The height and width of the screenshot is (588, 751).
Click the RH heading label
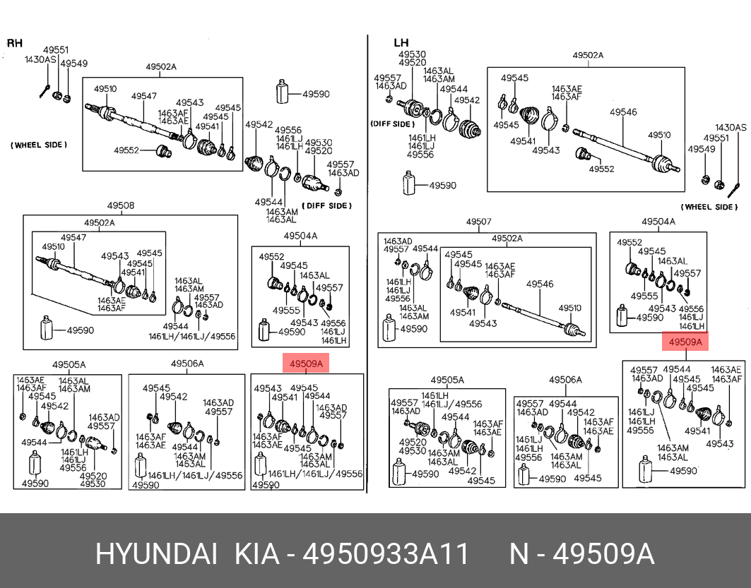pos(15,43)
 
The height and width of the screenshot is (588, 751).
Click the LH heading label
pos(401,43)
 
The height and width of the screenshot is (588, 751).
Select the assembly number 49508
pos(121,205)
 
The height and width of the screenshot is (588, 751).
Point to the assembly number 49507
pos(478,222)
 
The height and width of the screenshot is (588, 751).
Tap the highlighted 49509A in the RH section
pos(306,364)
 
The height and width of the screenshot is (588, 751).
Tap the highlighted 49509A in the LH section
pos(685,342)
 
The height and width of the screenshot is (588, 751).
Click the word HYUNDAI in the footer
pos(156,555)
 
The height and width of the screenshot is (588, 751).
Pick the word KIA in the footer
pos(256,555)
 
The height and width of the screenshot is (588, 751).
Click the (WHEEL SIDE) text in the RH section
pos(39,145)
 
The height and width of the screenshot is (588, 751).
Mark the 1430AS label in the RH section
pos(41,59)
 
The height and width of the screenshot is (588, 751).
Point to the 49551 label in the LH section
pos(716,138)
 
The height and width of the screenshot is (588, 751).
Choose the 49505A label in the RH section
pos(69,364)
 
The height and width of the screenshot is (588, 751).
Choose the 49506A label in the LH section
pos(566,380)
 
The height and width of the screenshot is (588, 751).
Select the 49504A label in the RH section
pos(300,236)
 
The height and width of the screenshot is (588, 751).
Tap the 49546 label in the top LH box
pos(623,112)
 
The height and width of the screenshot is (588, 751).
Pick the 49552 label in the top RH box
pos(126,150)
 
